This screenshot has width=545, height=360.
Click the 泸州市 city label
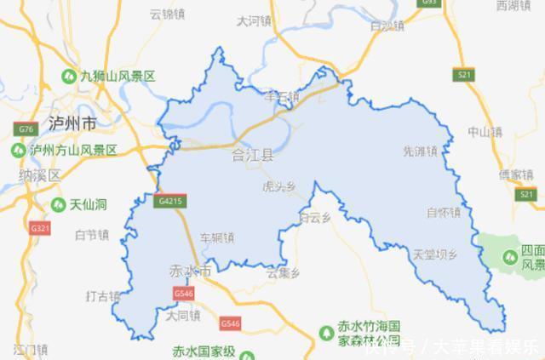[x=72, y=123]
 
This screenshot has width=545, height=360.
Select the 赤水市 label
[x=189, y=271]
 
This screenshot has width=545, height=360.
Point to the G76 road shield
[x=25, y=129]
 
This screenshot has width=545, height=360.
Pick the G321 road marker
[x=39, y=229]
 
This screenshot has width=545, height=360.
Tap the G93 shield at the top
[x=429, y=3]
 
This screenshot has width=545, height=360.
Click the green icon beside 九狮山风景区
[x=66, y=77]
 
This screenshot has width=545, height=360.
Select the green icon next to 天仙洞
[x=57, y=205]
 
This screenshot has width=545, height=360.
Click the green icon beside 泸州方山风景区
[x=18, y=150]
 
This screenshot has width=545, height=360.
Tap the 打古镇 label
[x=103, y=296]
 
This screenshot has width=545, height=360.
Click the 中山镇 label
[x=485, y=132]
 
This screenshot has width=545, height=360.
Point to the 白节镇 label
[x=92, y=234]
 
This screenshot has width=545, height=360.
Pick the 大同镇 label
[x=183, y=315]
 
